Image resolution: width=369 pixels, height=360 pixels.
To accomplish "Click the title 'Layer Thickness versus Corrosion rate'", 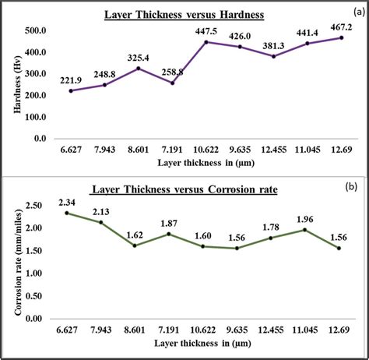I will (x=195, y=189).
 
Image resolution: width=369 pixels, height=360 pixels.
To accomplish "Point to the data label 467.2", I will (x=340, y=27).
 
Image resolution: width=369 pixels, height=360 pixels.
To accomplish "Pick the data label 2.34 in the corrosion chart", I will (x=67, y=203).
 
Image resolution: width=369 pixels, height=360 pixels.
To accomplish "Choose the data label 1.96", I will (x=307, y=220).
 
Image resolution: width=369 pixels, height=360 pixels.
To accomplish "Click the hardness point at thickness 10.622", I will (x=206, y=42).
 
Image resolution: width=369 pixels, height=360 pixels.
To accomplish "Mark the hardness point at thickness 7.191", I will (x=172, y=83).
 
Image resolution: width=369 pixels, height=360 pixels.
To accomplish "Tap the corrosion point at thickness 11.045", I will (x=307, y=230).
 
